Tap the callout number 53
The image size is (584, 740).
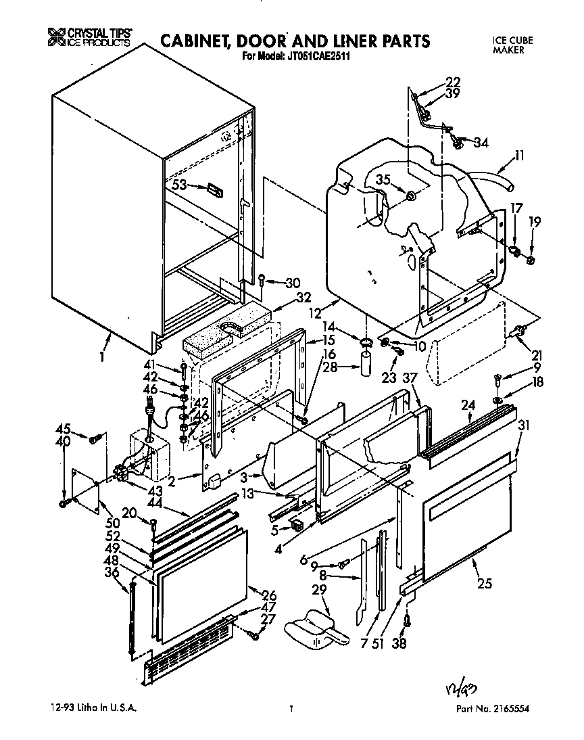click(179, 185)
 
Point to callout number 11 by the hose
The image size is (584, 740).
click(518, 155)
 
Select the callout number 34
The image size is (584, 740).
click(481, 143)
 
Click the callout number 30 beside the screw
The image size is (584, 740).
click(292, 283)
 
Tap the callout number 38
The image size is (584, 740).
click(399, 644)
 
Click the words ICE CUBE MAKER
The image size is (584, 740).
click(512, 45)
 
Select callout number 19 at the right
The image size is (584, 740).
click(535, 221)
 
